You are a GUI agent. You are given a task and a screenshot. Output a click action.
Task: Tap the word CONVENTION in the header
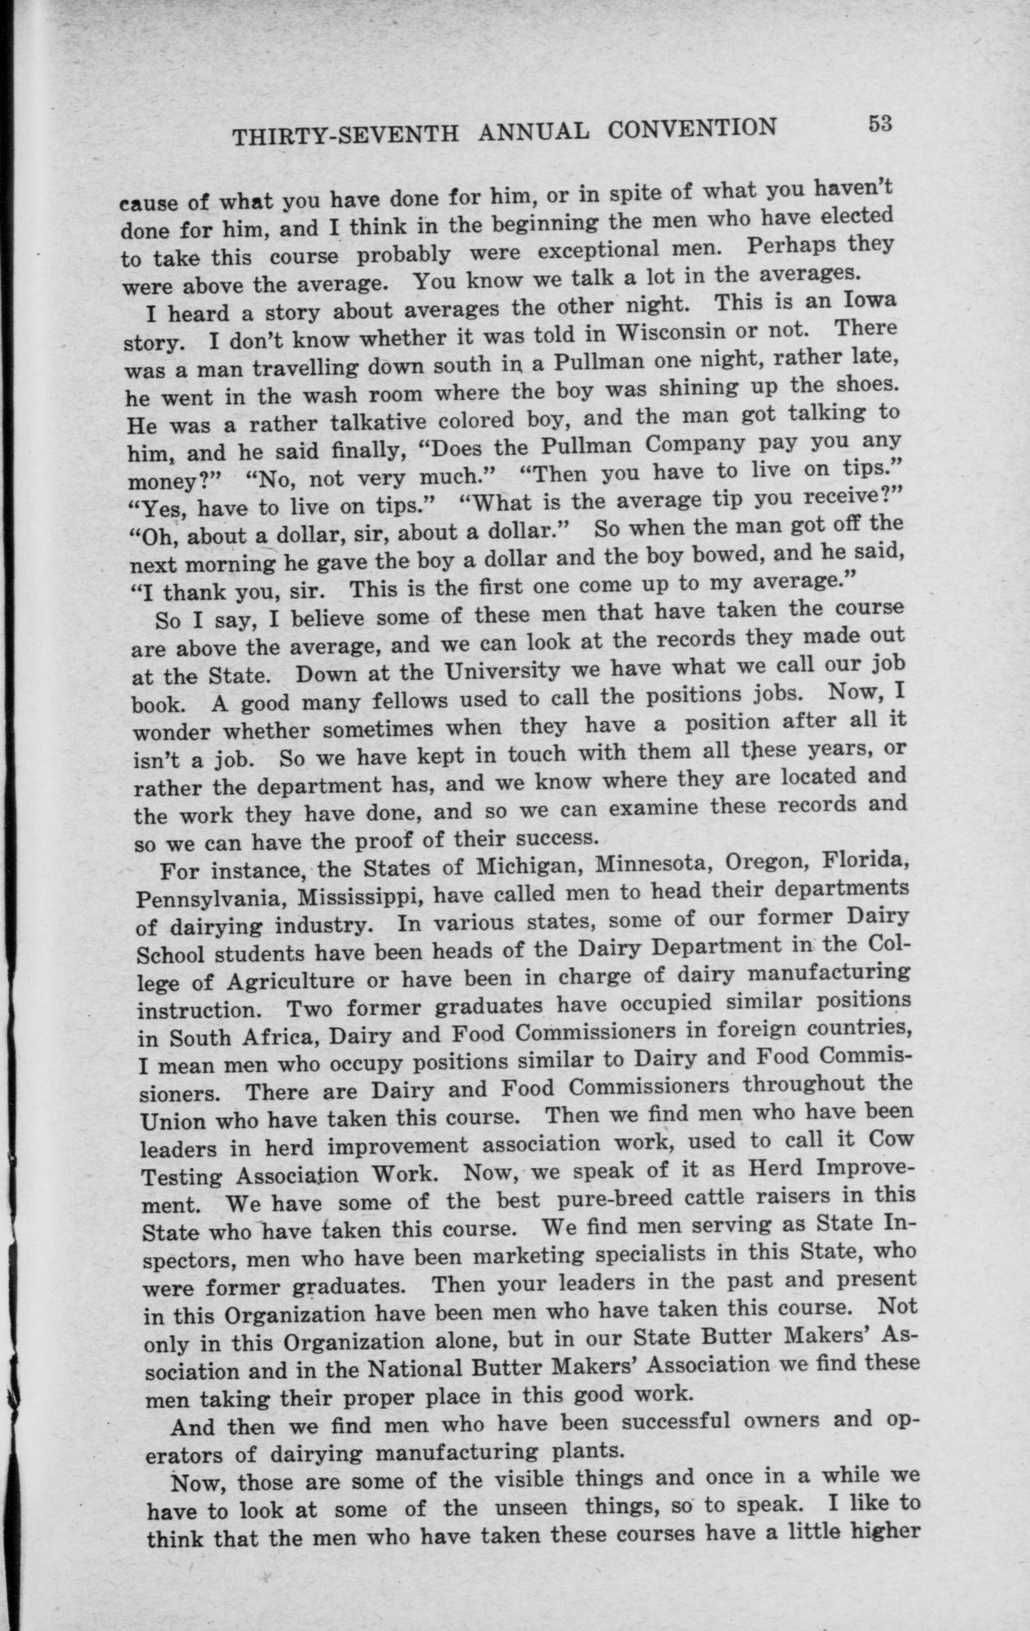coord(692,128)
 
